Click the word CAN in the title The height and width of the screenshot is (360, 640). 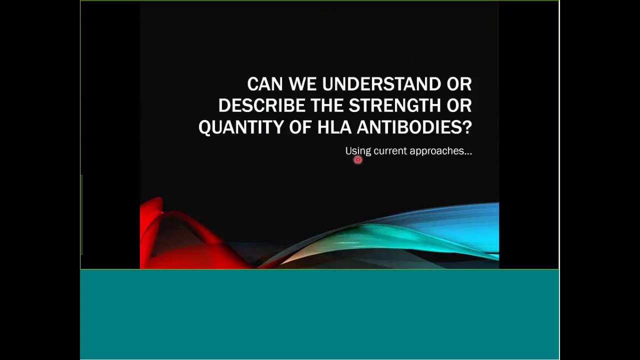(265, 84)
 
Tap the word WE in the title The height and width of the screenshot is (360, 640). (302, 84)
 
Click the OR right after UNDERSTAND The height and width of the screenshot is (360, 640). (459, 84)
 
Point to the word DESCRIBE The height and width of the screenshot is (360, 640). (261, 106)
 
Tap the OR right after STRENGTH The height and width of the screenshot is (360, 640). (459, 106)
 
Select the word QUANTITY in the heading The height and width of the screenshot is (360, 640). (241, 128)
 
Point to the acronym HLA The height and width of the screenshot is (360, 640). (334, 128)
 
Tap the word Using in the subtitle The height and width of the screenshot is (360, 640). (357, 151)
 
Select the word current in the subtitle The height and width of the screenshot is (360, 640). (389, 151)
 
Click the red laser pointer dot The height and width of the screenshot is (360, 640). (357, 160)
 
